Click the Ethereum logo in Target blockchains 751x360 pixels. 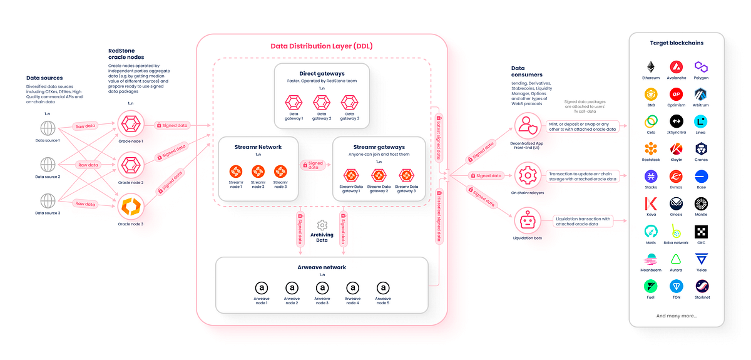[651, 66]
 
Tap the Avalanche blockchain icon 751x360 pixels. [676, 66]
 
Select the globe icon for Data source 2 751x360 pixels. [48, 165]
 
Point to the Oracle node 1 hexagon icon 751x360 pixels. [131, 125]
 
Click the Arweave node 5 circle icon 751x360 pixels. [383, 287]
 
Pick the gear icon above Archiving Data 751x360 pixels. [322, 225]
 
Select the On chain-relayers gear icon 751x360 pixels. [527, 176]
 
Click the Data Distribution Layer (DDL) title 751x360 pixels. [321, 46]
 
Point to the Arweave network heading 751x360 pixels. [322, 267]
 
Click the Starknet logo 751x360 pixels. [701, 286]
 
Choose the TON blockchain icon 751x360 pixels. [676, 286]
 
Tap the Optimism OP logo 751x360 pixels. [676, 94]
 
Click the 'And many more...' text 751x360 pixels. [676, 316]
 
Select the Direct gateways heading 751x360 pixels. [322, 74]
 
